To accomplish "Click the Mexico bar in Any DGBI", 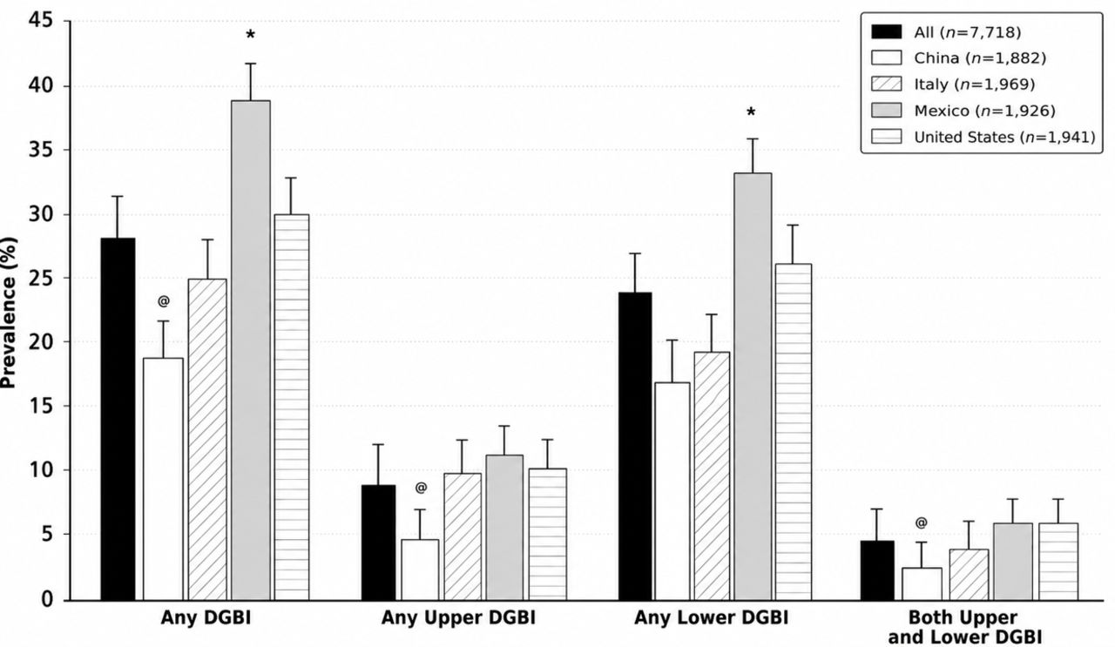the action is (x=251, y=350).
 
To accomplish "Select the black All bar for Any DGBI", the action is (x=118, y=419).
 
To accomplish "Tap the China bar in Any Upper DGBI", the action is (x=420, y=569).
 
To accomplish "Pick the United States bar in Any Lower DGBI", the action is (x=793, y=432).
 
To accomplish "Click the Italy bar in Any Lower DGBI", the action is (x=712, y=476).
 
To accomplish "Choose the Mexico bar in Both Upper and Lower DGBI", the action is (x=1013, y=562).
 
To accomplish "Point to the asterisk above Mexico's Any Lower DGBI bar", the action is (x=751, y=112).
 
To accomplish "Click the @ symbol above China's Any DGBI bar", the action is (x=163, y=301).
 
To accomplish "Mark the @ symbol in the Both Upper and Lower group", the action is (x=921, y=522).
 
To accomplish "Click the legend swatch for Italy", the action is (x=886, y=84).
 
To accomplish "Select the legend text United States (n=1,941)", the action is (x=1004, y=137).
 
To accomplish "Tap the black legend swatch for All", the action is (x=886, y=32).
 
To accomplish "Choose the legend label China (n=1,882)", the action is (x=980, y=58).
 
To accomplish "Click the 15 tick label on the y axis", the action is (x=41, y=406).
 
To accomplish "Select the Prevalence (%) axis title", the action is (x=9, y=313).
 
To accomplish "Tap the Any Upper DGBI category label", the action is (x=458, y=617).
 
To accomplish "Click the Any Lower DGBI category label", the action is (x=712, y=617).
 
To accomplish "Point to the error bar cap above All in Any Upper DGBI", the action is (x=378, y=444).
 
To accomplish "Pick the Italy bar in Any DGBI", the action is (x=207, y=440).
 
